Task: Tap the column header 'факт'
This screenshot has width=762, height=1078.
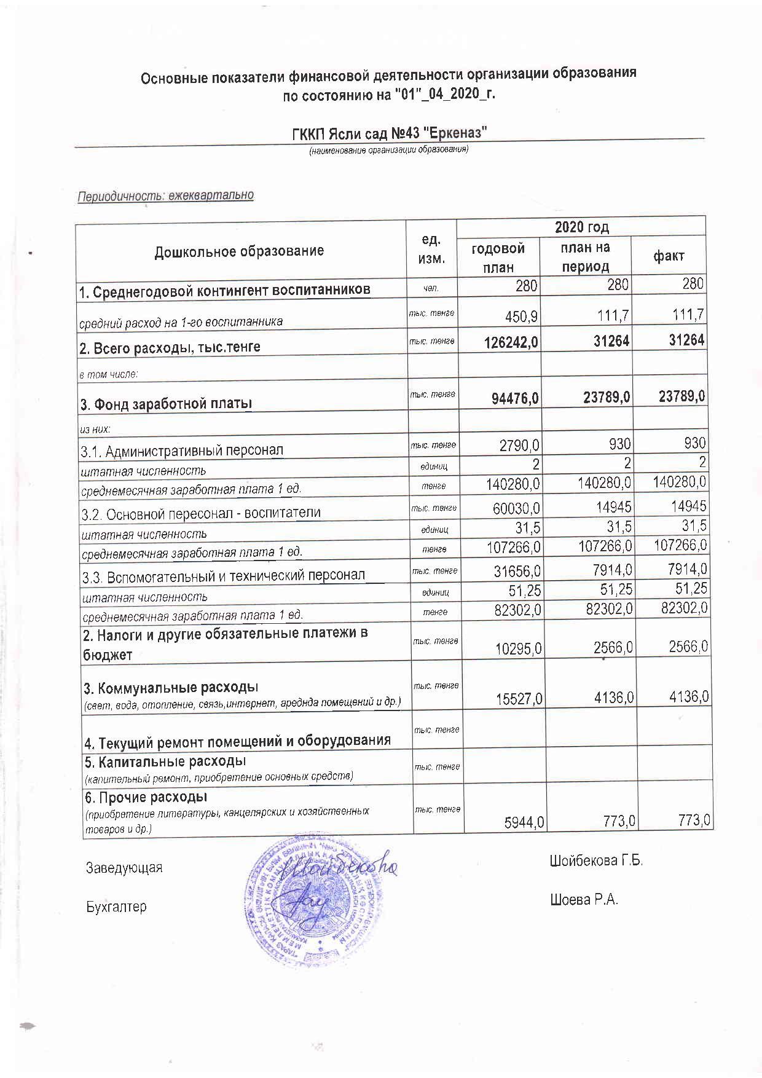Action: point(669,256)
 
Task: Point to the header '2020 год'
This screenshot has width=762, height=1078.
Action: point(581,227)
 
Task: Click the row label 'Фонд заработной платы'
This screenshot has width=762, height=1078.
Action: point(166,404)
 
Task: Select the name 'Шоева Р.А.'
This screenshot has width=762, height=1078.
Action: point(584,900)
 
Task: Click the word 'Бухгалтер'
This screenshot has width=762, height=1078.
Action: point(116,907)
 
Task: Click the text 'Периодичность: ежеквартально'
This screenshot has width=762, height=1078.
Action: point(165,196)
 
